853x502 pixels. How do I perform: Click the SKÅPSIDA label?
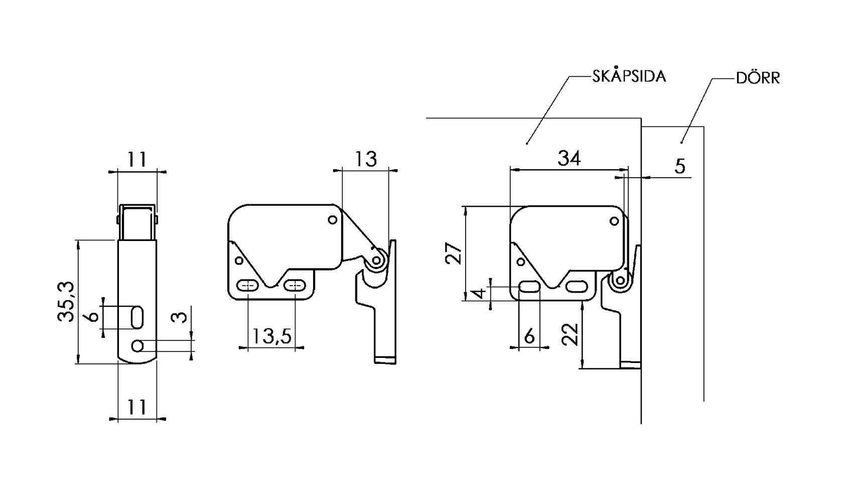point(629,76)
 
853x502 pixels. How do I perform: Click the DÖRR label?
point(758,78)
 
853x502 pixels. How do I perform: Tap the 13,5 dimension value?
point(272,336)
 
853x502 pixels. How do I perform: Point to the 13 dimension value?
point(366,159)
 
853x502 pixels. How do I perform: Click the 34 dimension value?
point(570,158)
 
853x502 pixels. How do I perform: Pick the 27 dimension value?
point(454,254)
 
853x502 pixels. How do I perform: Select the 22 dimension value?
point(571,334)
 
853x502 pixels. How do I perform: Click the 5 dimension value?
point(680,167)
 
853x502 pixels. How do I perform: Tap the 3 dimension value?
point(179,317)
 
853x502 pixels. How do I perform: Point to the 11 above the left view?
point(136,160)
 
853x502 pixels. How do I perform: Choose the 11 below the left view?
point(136,407)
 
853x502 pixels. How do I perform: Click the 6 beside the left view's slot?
point(93,317)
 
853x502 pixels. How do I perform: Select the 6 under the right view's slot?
point(529,336)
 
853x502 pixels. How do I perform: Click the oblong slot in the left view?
point(137,318)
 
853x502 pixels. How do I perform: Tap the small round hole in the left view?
point(138,346)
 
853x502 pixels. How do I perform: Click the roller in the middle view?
point(376,261)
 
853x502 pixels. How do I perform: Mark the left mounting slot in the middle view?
point(247,285)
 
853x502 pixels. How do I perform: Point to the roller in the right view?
point(620,281)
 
